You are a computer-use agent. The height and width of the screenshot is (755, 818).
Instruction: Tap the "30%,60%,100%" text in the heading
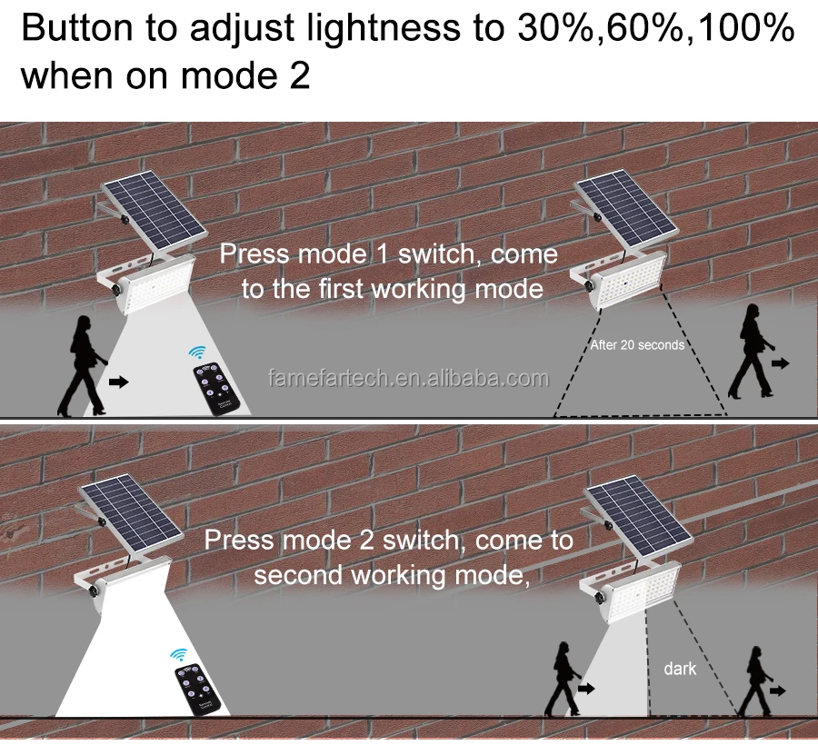[x=655, y=29]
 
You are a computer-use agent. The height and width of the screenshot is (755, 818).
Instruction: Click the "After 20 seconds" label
[x=637, y=345]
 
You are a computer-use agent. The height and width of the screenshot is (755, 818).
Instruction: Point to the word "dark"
[x=680, y=669]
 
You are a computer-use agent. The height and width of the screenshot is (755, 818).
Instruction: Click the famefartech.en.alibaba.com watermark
[x=409, y=378]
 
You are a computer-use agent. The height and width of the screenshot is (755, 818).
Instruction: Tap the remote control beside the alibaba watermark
[x=216, y=390]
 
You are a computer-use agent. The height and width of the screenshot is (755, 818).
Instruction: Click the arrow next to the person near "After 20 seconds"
[x=780, y=363]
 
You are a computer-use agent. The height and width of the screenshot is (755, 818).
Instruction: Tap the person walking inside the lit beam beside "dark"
[x=562, y=678]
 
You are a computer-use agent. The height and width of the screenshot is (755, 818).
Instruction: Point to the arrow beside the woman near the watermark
[x=118, y=382]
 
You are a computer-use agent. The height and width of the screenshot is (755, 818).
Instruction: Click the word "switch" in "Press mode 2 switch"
[x=425, y=540]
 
